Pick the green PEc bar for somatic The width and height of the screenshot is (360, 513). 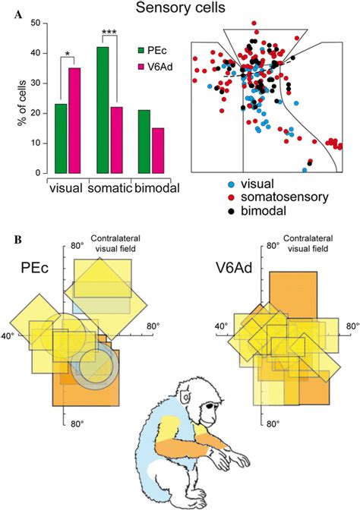pyautogui.click(x=103, y=110)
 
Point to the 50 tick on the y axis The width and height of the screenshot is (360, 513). pyautogui.click(x=34, y=24)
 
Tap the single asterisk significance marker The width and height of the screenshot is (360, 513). pyautogui.click(x=67, y=53)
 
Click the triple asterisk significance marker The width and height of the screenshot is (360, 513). pyautogui.click(x=109, y=31)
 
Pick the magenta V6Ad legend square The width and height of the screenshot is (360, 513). pyautogui.click(x=145, y=68)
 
